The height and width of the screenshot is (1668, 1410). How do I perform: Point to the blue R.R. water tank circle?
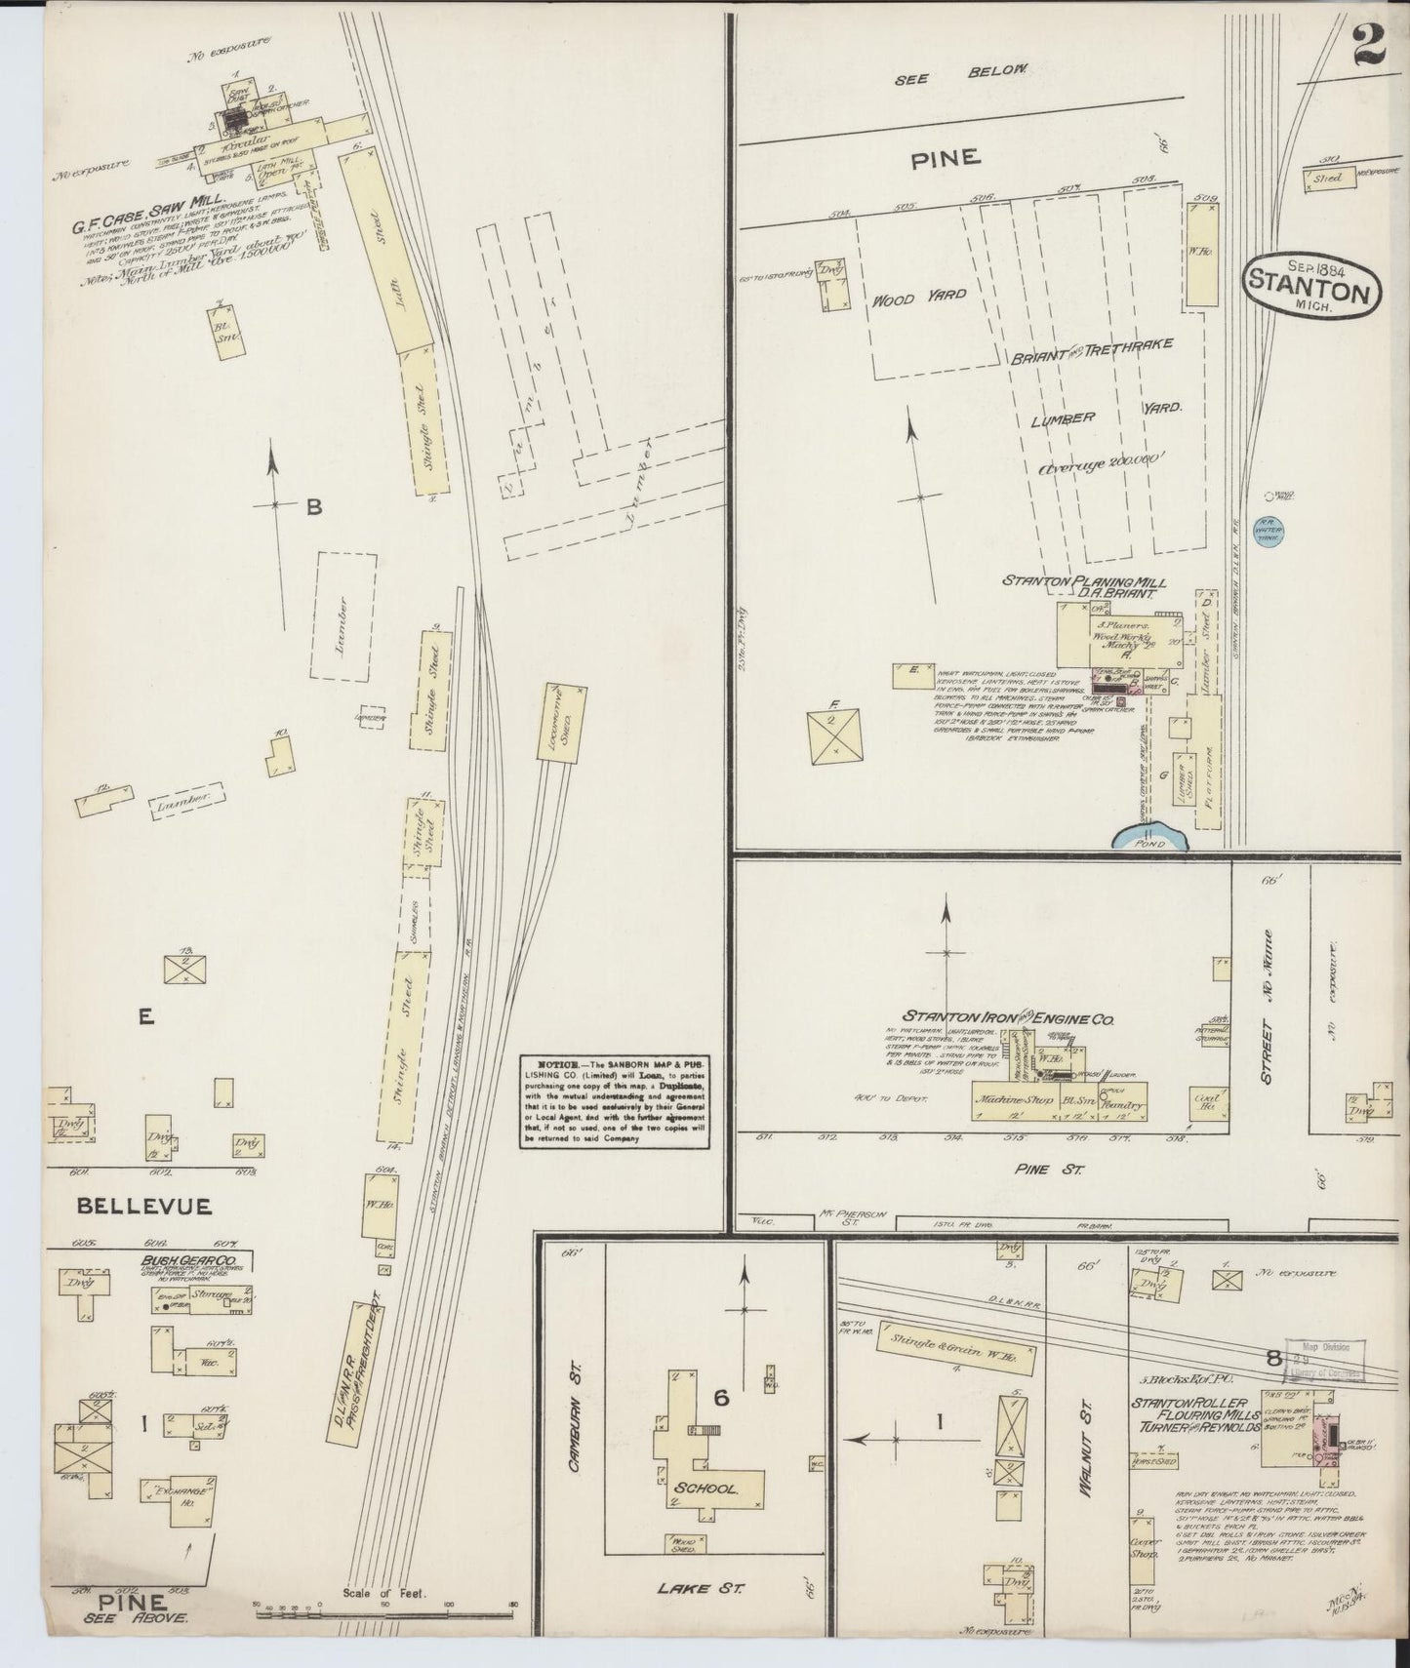[1269, 531]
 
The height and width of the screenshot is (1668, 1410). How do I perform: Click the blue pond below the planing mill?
[1151, 837]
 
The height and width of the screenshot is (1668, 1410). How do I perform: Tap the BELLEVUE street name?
[144, 1206]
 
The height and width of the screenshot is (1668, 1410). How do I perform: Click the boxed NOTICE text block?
[616, 1099]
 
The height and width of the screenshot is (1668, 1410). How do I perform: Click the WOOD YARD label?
[906, 298]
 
